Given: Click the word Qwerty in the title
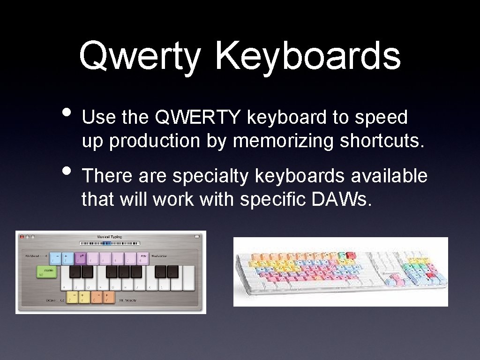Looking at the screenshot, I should click(139, 57).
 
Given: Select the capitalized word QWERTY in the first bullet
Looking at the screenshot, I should click(199, 118).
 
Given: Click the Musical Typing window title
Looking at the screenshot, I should click(109, 237).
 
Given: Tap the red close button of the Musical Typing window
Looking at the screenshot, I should click(21, 237).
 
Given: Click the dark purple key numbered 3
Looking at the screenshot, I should click(81, 258).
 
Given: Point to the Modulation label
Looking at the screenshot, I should click(160, 256).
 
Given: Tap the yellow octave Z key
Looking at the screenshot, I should click(72, 297).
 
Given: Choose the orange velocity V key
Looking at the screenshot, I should click(108, 297).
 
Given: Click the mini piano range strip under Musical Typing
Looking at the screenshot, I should click(110, 243).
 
